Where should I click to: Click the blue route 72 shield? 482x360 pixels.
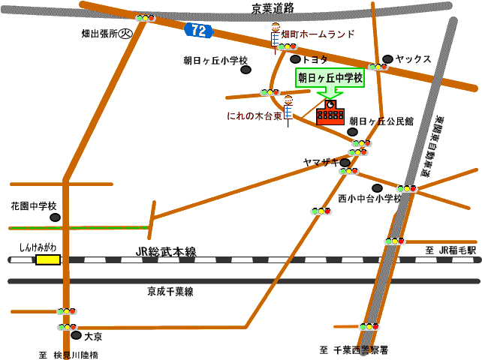198,30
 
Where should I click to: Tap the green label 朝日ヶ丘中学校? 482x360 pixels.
330,77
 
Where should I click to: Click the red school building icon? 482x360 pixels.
330,115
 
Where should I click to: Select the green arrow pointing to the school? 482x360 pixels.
330,93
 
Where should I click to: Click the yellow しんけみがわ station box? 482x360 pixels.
48,259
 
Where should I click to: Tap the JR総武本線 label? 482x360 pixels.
166,253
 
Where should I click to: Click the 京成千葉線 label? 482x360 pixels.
170,291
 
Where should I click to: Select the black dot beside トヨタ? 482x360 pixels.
296,59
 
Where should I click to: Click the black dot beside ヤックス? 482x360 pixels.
387,58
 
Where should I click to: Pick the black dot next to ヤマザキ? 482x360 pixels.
345,162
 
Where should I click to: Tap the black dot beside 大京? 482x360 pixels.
76,336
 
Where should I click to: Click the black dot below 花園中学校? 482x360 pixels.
55,217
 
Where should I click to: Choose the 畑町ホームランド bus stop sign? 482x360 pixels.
276,34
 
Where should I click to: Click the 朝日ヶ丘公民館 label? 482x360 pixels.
381,121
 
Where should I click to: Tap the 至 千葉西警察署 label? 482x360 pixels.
354,350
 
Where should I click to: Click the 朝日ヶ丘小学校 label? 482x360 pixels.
215,61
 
